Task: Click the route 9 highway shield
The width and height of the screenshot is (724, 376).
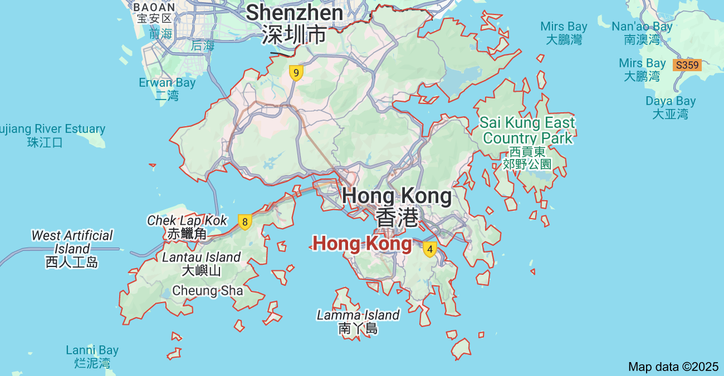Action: (296, 73)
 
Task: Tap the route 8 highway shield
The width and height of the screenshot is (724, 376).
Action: (244, 222)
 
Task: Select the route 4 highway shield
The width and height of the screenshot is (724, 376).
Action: (429, 249)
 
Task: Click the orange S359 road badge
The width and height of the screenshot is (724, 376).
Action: (687, 65)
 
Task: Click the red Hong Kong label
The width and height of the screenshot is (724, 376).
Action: (362, 244)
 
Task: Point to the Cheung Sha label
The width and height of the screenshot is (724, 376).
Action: (208, 290)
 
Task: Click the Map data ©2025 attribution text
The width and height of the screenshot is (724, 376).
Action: (673, 367)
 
